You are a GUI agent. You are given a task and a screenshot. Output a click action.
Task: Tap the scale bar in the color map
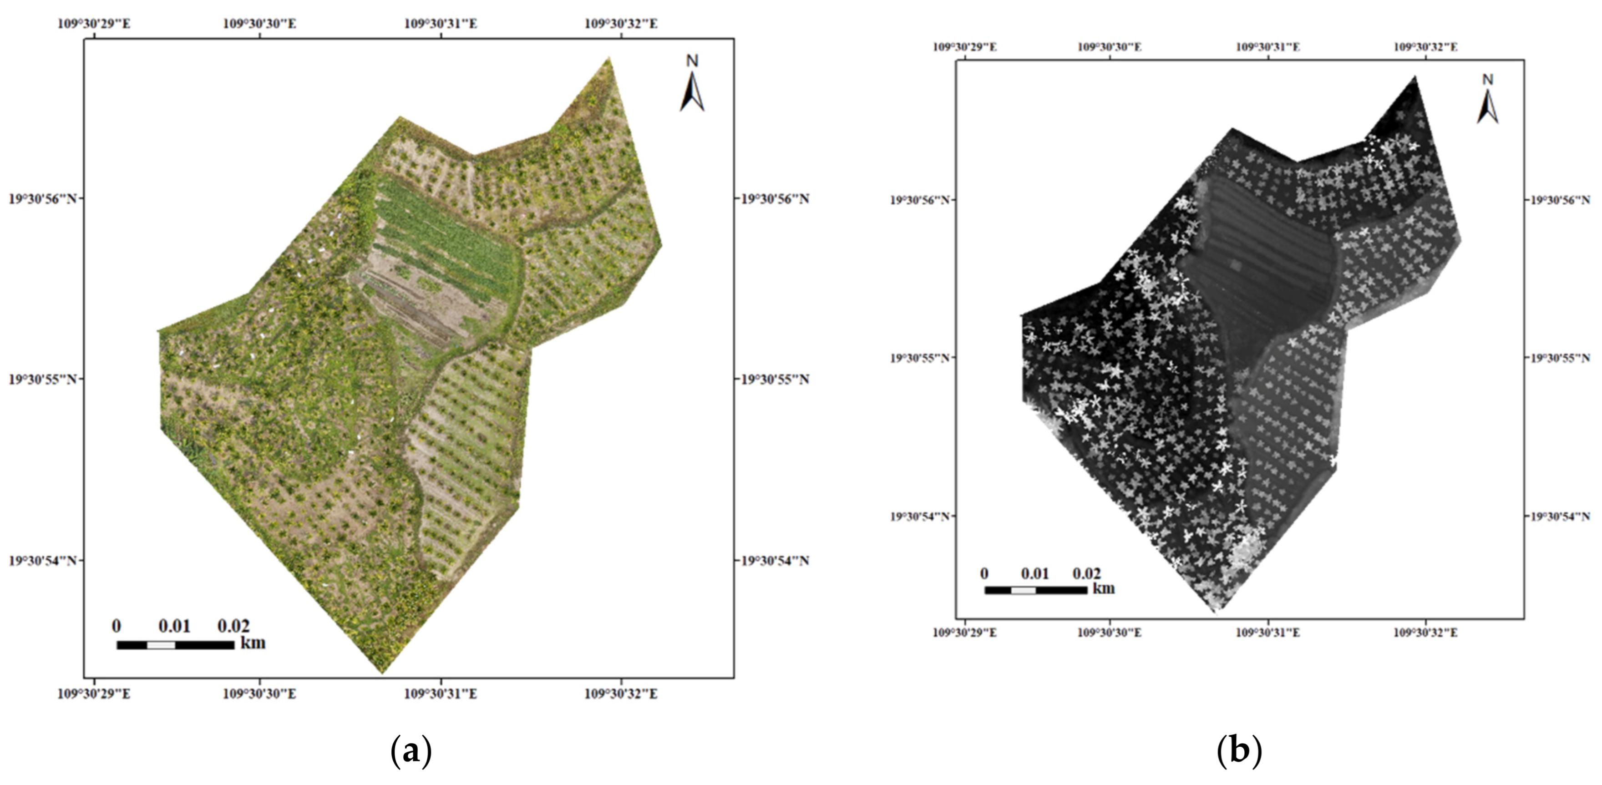[x=175, y=645]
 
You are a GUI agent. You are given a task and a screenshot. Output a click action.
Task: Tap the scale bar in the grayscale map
[x=1035, y=590]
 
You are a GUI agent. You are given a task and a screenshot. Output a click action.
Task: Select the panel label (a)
[x=411, y=751]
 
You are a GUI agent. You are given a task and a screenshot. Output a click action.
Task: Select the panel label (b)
[x=1239, y=751]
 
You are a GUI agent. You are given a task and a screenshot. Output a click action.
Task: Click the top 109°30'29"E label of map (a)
[x=94, y=24]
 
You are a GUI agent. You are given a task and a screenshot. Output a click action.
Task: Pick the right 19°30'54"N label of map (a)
[x=774, y=561]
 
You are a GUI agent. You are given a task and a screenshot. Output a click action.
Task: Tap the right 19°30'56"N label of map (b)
[x=1560, y=200]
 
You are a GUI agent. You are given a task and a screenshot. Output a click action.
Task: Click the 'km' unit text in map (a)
[x=253, y=642]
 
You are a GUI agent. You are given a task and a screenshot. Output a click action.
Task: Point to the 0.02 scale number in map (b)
[x=1086, y=573]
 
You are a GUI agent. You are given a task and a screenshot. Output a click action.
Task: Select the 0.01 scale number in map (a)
[x=174, y=626]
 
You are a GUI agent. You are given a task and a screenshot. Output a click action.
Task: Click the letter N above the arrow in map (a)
[x=692, y=61]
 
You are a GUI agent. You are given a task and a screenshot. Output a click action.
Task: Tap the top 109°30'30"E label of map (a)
[x=259, y=24]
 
